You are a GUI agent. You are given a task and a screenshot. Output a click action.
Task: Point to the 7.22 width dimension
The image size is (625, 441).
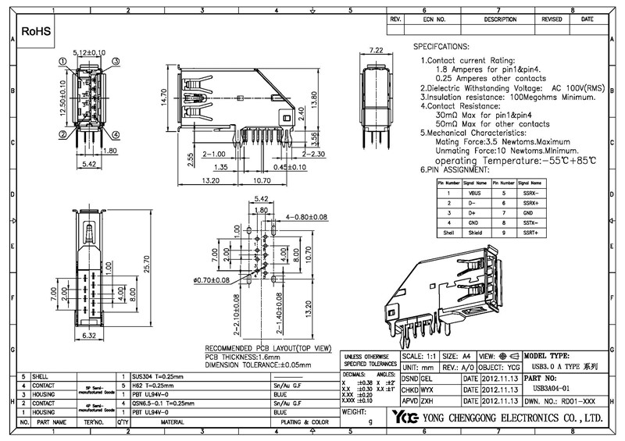[376, 51]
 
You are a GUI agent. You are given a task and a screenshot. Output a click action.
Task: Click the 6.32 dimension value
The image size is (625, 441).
[89, 336]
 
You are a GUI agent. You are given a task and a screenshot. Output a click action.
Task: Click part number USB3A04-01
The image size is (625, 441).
[555, 386]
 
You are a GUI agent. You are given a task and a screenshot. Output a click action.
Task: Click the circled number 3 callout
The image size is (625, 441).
[115, 61]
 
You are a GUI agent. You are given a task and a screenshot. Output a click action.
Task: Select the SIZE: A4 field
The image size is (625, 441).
[458, 354]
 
